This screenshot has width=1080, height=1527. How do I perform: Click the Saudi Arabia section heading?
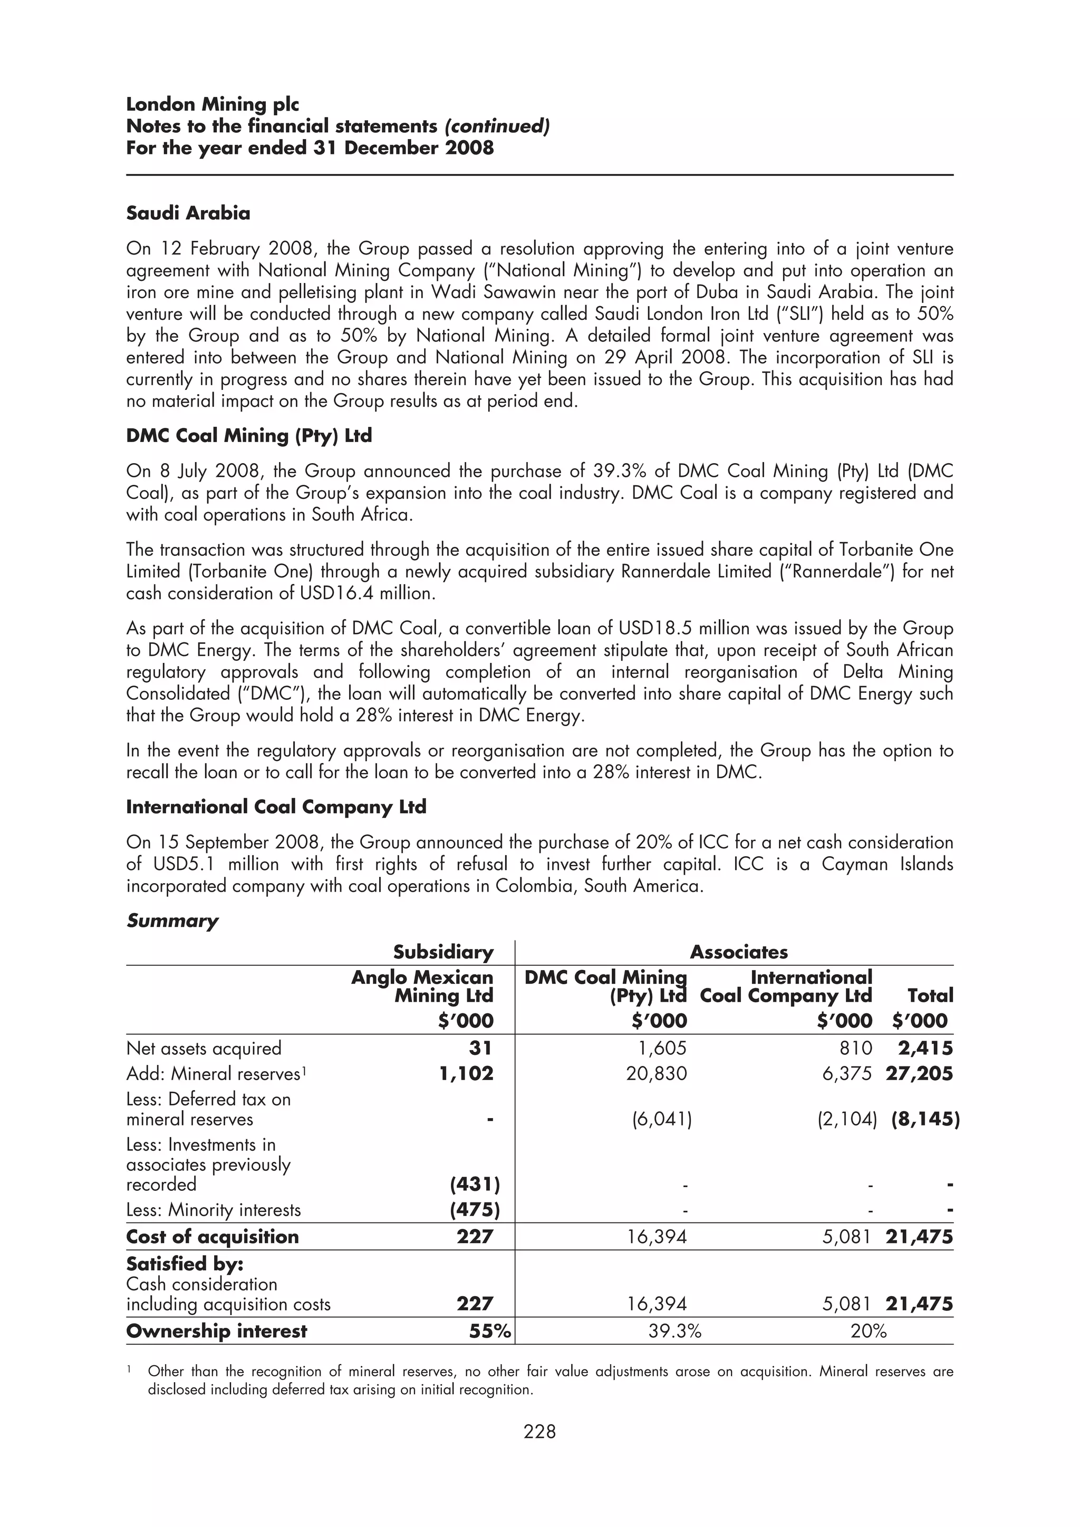[188, 213]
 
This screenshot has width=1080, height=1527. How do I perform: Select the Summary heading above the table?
[172, 921]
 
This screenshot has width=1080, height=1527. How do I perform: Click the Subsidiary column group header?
[443, 952]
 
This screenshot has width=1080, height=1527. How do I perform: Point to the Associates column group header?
[739, 952]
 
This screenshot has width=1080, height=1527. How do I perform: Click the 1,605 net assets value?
[662, 1048]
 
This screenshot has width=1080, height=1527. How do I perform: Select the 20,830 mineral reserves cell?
[656, 1073]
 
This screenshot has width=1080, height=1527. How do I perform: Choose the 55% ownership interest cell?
[489, 1331]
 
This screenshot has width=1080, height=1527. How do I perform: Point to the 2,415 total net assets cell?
[925, 1048]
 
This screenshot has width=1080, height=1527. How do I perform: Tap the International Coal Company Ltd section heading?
[276, 807]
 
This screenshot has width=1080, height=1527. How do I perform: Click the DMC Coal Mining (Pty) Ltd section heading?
[249, 436]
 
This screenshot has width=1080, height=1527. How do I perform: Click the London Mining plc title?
[213, 104]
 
